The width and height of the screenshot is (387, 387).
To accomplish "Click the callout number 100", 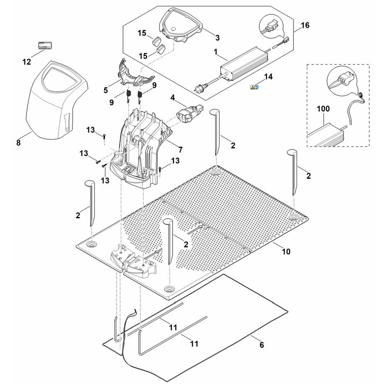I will [x=323, y=109].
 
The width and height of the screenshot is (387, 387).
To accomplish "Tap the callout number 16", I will [x=305, y=26].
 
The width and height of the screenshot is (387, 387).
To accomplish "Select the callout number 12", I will [x=26, y=62].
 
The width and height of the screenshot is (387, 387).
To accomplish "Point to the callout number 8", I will [x=19, y=143].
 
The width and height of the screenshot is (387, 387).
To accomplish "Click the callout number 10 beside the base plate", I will [x=286, y=252].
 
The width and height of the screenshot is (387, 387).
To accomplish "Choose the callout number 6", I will [x=262, y=345].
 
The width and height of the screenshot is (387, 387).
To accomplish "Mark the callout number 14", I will [x=268, y=77].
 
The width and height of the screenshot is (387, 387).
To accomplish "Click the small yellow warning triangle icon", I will [x=252, y=87].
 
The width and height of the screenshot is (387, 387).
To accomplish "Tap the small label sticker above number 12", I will [x=45, y=45].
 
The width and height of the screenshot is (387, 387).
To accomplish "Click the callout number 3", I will [x=217, y=38].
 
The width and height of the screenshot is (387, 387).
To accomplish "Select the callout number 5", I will [x=105, y=91].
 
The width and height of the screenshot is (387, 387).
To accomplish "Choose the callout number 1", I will [x=216, y=51].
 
